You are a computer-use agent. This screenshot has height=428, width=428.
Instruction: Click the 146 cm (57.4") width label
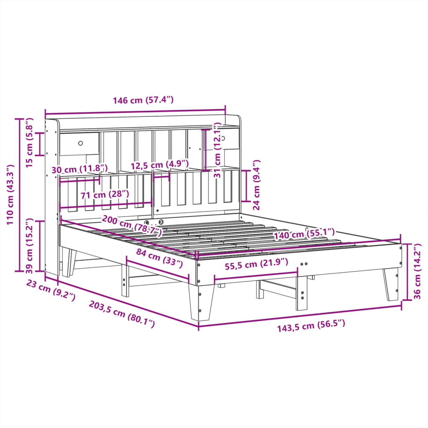point(143,100)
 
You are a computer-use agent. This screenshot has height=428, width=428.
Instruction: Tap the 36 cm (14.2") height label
point(419,272)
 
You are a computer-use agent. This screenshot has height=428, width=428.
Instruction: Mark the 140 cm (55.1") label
point(304,234)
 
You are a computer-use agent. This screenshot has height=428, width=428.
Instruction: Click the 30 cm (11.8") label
point(79,169)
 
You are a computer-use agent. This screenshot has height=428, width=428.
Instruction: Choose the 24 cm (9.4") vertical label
point(256,184)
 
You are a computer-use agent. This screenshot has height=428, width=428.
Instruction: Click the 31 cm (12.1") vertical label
point(217,150)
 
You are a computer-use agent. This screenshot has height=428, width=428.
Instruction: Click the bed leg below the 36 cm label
point(391,284)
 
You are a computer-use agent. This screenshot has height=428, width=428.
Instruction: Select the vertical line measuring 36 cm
point(408,272)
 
